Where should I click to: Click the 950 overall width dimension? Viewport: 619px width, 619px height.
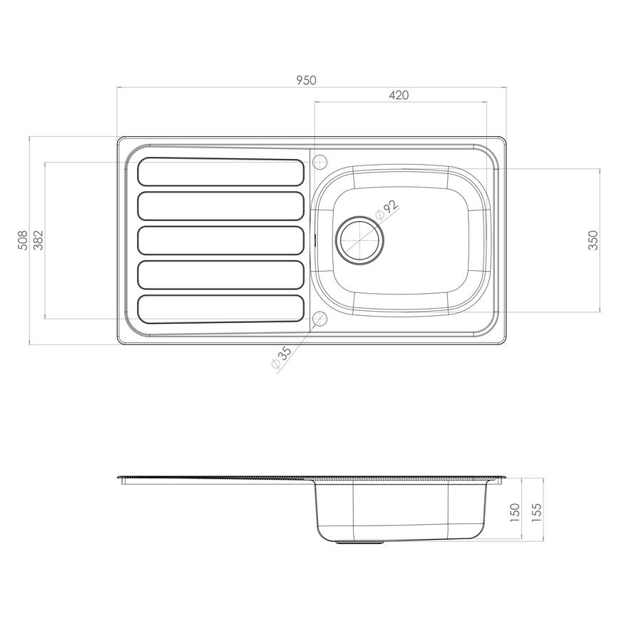point(306,81)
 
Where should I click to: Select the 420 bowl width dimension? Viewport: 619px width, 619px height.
point(399,96)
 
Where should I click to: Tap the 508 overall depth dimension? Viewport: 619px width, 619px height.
point(22,240)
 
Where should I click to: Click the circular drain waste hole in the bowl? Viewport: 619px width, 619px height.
point(361,240)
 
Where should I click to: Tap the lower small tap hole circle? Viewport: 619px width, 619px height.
point(319,317)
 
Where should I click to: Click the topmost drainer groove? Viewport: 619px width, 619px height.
point(220,172)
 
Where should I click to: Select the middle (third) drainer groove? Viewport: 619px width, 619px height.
point(220,240)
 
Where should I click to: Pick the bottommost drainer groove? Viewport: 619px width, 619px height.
point(220,309)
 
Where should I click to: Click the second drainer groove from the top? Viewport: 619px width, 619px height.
point(220,205)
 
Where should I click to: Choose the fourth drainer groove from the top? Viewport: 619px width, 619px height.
point(220,275)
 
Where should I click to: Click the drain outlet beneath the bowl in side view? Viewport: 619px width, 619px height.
point(361,543)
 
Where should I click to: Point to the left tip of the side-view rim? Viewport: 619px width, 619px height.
point(118,477)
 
